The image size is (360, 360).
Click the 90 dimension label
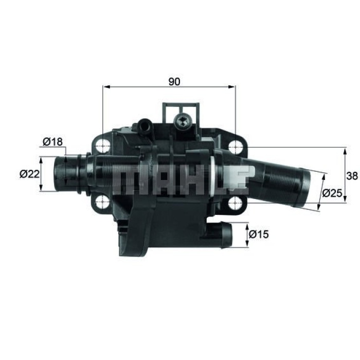point(174,81)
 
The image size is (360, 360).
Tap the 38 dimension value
point(352,176)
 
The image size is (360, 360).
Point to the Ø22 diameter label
point(29,174)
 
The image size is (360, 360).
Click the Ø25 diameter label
point(333,193)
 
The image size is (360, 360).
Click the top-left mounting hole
point(103,147)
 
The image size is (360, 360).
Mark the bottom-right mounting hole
point(235,202)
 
